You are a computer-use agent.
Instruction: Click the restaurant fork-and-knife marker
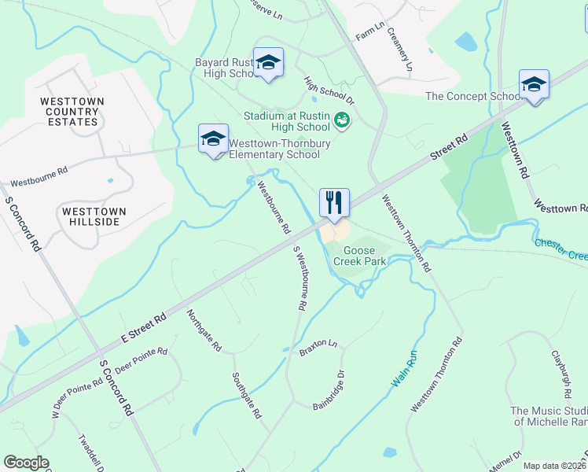coord(334,203)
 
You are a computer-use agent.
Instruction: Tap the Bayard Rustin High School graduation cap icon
coord(268,62)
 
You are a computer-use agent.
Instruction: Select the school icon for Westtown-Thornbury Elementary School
coord(213,138)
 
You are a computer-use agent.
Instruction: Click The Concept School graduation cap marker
coord(534,84)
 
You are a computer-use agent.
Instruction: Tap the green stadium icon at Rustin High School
coord(342,121)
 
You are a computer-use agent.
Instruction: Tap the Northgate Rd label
coord(204,330)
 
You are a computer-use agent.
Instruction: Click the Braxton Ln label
coord(318,348)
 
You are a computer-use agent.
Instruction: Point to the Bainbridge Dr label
coord(329,390)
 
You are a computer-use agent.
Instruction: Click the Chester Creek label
coord(561,249)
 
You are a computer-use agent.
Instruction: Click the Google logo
coord(26,463)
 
